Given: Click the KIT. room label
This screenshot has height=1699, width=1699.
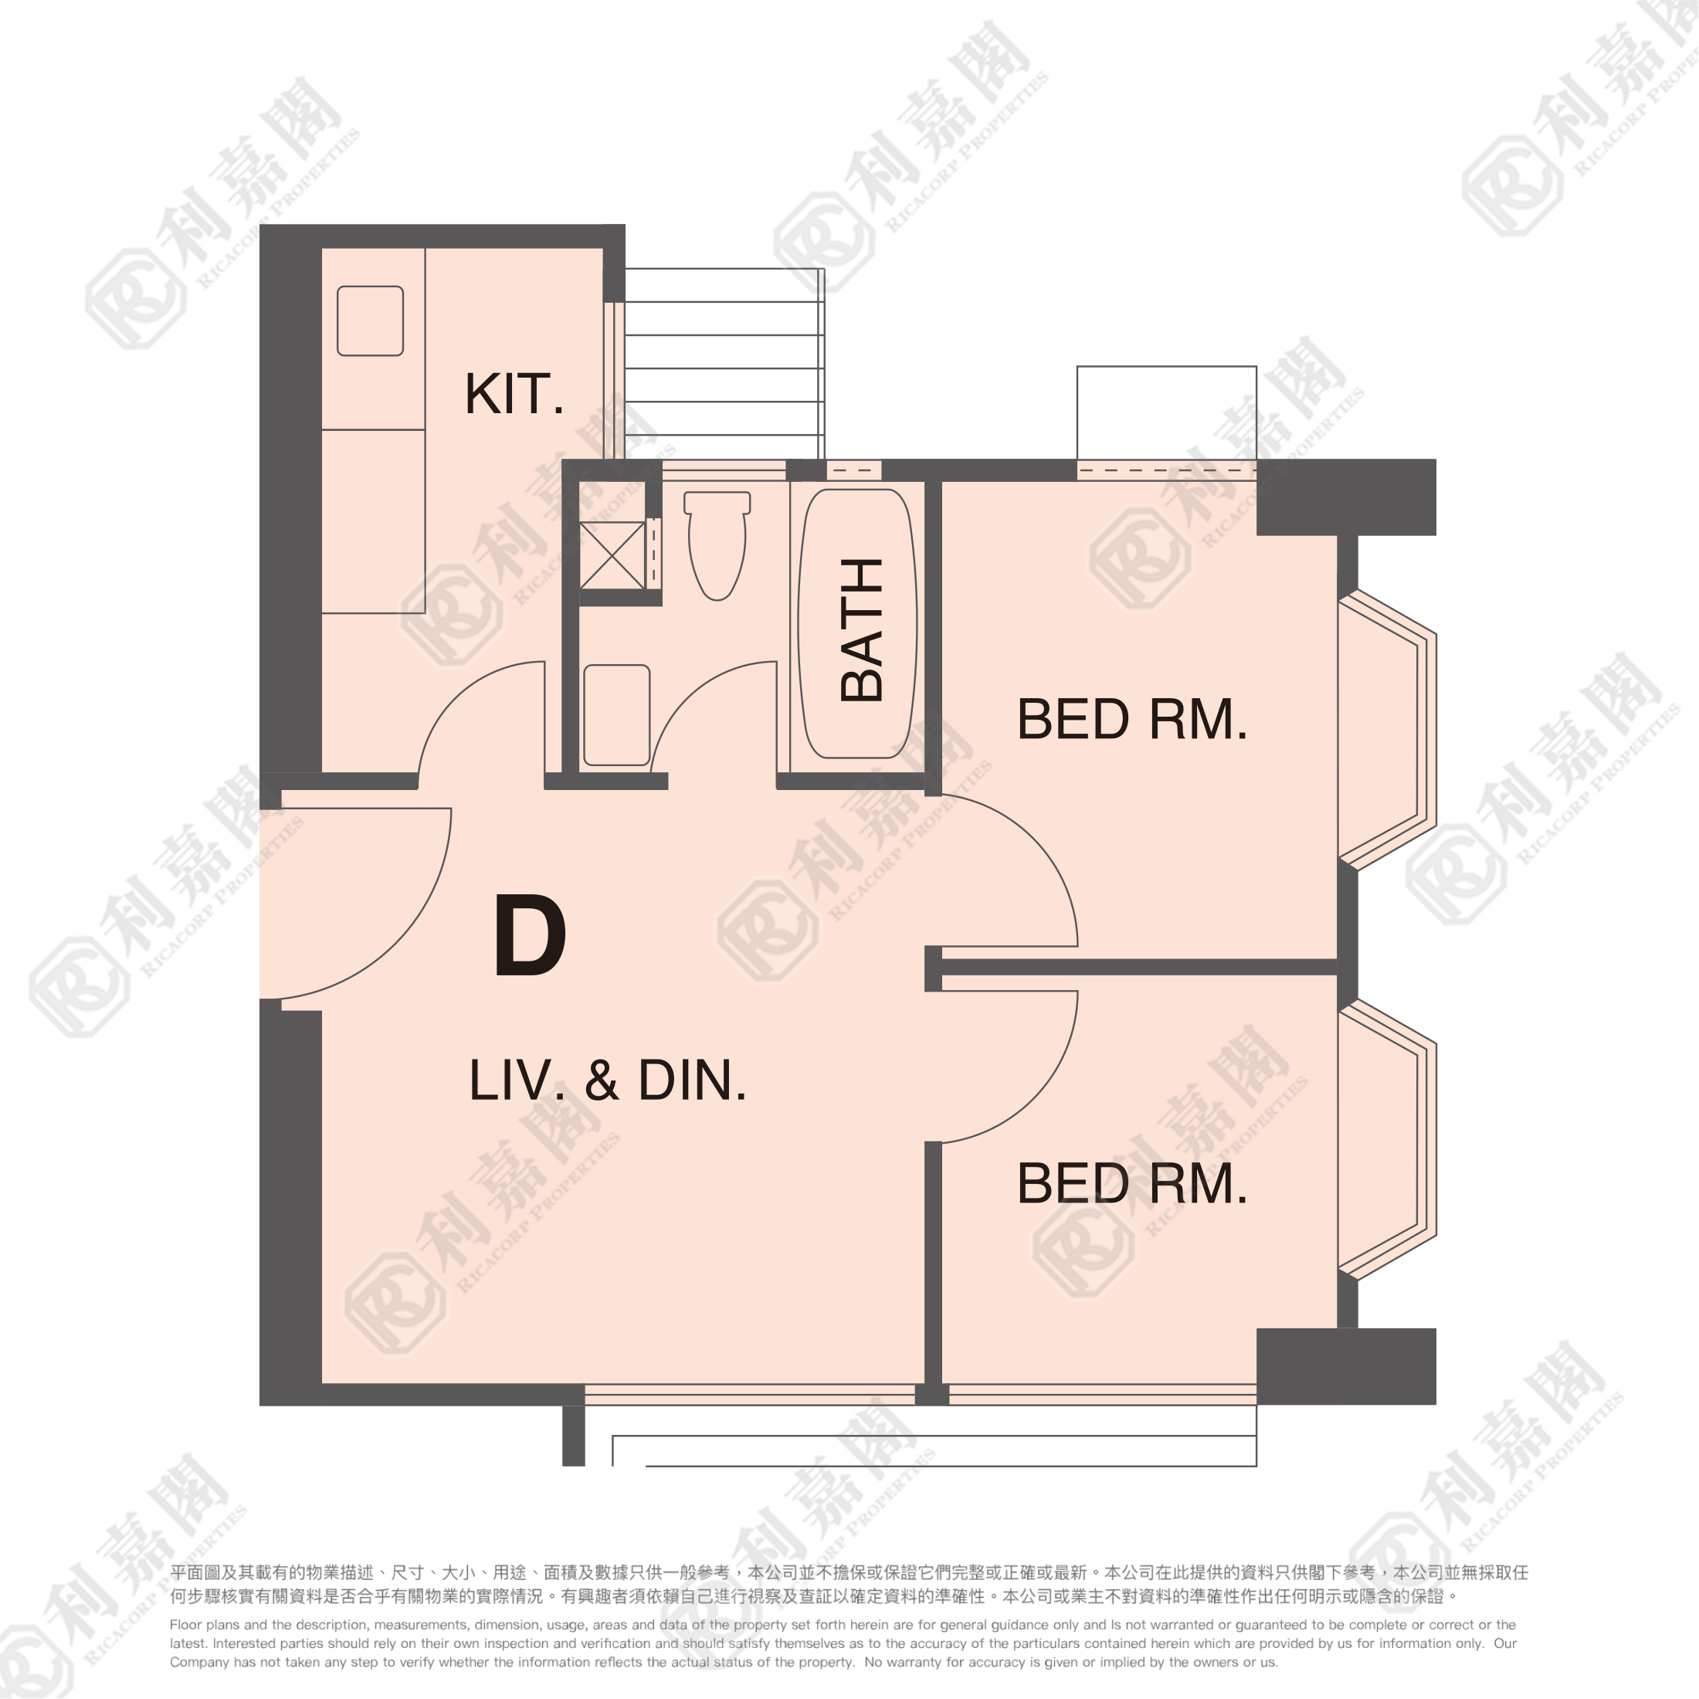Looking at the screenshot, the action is point(514,394).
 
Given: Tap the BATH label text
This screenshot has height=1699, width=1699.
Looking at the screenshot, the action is point(862,629).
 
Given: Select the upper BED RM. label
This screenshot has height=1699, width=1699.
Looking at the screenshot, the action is point(1132,719).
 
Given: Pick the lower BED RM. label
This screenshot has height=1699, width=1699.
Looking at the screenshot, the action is point(1132,1184).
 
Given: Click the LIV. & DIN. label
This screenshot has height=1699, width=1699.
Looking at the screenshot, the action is point(608,1080).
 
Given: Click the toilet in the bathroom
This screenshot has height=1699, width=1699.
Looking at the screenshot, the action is point(717,545).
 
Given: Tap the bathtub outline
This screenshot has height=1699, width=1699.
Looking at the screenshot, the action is point(857,623).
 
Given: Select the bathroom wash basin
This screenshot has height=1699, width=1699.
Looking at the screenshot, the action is point(616,715).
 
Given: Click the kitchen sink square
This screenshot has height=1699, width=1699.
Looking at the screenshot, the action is point(370,321).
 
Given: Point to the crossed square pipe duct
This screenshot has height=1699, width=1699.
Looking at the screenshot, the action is point(612,556).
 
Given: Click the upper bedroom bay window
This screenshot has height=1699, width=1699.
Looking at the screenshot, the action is point(1387,730).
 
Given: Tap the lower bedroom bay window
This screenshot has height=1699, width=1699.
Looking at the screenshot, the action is point(1387,1140).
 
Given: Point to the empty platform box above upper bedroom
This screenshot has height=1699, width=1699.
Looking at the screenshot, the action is point(1167,412).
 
